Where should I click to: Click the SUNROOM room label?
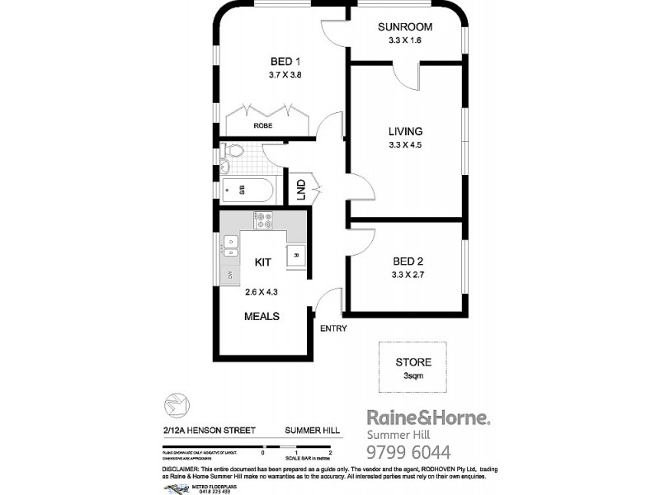(x=405, y=26)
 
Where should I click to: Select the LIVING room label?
(x=405, y=131)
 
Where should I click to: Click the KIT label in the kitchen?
(x=262, y=262)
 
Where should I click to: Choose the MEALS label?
(x=262, y=316)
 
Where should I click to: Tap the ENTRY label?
(x=332, y=328)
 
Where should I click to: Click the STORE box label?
(x=413, y=361)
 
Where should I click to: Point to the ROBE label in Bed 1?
(x=262, y=125)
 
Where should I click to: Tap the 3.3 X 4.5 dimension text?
(x=405, y=145)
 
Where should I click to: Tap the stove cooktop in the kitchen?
(x=264, y=219)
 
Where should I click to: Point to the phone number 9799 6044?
(x=408, y=451)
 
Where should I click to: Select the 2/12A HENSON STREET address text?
(x=210, y=431)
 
